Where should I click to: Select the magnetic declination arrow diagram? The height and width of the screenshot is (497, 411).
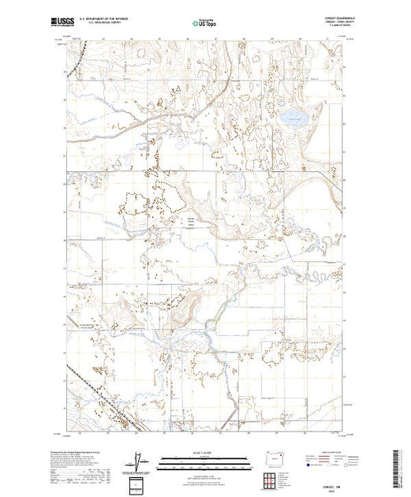[140, 460]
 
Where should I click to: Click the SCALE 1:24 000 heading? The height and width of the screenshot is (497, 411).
[205, 452]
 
